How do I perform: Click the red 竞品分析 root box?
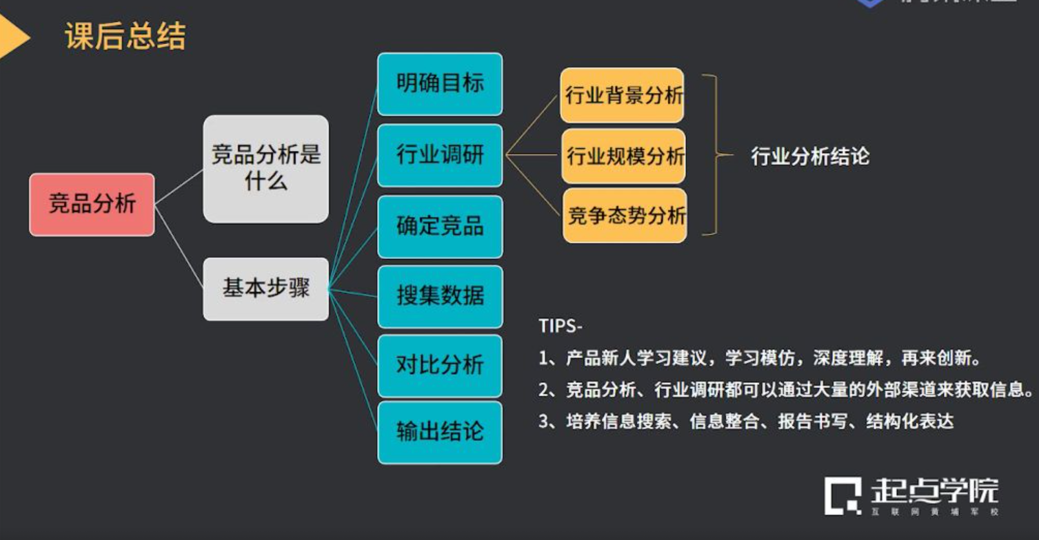(92, 205)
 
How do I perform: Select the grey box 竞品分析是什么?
(265, 169)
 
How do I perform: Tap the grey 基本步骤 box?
(265, 288)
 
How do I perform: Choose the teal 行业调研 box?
(440, 155)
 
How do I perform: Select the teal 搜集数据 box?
(440, 296)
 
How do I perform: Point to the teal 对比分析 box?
(440, 365)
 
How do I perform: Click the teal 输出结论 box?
(440, 432)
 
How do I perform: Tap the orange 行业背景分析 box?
(623, 95)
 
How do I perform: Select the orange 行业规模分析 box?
(624, 156)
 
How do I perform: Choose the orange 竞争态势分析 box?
(625, 216)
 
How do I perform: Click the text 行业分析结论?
(809, 156)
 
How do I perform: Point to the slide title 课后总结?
(125, 36)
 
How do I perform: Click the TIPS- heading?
(560, 326)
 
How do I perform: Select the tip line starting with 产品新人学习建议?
(758, 358)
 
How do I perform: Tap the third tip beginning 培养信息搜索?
(746, 422)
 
